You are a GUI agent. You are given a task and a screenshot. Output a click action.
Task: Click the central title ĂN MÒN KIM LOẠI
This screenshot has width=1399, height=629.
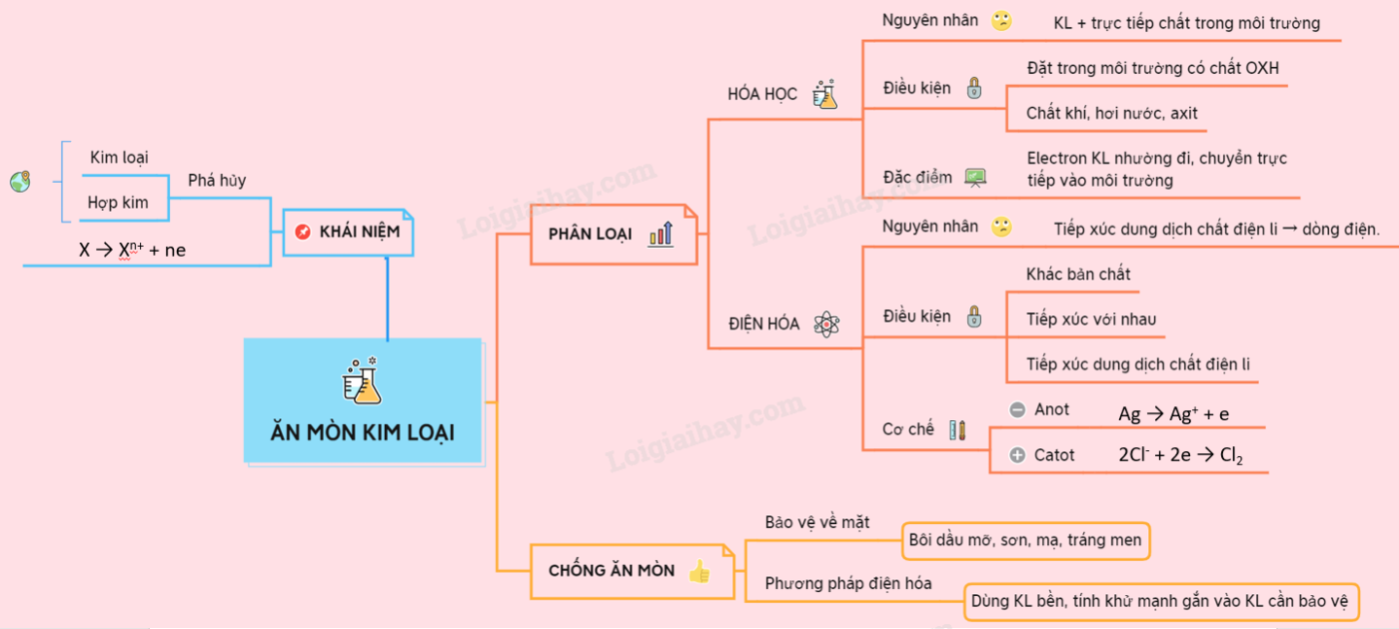pyautogui.click(x=363, y=432)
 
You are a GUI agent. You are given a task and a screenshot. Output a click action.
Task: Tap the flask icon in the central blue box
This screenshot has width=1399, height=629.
pyautogui.click(x=363, y=380)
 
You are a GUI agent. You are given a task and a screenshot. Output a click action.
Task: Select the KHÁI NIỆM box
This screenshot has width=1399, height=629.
pyautogui.click(x=348, y=232)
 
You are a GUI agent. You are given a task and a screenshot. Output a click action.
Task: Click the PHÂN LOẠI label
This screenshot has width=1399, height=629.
pyautogui.click(x=591, y=234)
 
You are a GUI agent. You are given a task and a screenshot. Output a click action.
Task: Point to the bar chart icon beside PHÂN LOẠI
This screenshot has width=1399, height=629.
pyautogui.click(x=661, y=235)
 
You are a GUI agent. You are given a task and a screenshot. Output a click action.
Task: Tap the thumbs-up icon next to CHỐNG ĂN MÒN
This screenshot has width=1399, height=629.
pyautogui.click(x=699, y=571)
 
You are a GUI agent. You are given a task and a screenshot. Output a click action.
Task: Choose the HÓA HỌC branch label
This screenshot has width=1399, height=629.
pyautogui.click(x=762, y=94)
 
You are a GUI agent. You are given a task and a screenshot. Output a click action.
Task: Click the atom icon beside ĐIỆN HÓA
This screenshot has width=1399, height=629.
pyautogui.click(x=826, y=323)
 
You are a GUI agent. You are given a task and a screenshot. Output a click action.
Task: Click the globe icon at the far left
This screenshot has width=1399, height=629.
pyautogui.click(x=20, y=182)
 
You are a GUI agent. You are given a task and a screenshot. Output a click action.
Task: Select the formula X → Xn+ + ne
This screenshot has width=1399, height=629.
pyautogui.click(x=133, y=251)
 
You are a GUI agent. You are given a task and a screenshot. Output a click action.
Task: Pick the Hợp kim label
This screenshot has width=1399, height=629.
pyautogui.click(x=118, y=203)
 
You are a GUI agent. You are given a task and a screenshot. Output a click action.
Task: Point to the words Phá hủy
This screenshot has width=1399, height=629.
pyautogui.click(x=217, y=181)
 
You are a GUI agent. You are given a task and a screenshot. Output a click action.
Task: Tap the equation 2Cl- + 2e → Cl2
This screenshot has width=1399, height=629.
pyautogui.click(x=1180, y=455)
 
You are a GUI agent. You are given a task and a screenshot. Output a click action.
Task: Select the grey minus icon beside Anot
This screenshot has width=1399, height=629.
pyautogui.click(x=1017, y=409)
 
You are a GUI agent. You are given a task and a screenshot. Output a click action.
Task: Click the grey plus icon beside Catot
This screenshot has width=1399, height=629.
pyautogui.click(x=1017, y=455)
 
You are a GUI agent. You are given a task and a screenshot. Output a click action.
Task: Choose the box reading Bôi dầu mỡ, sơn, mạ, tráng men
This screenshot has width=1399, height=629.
pyautogui.click(x=1024, y=540)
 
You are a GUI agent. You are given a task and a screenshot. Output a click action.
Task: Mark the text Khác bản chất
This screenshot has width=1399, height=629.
pyautogui.click(x=1078, y=274)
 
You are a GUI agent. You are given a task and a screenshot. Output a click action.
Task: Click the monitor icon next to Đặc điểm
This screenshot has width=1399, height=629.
pyautogui.click(x=974, y=178)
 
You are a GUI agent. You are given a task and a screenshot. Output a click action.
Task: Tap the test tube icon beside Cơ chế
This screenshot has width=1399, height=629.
pyautogui.click(x=957, y=430)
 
